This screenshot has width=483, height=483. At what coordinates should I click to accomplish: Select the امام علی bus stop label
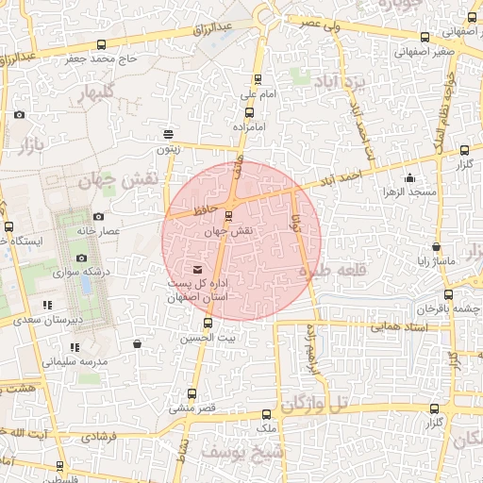(x=257, y=94)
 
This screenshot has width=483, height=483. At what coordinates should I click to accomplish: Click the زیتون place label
(x=167, y=148)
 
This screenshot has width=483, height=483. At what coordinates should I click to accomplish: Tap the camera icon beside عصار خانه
(x=98, y=217)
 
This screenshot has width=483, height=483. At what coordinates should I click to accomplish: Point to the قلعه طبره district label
(x=330, y=271)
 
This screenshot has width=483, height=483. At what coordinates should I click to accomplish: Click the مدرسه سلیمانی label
(x=75, y=361)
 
